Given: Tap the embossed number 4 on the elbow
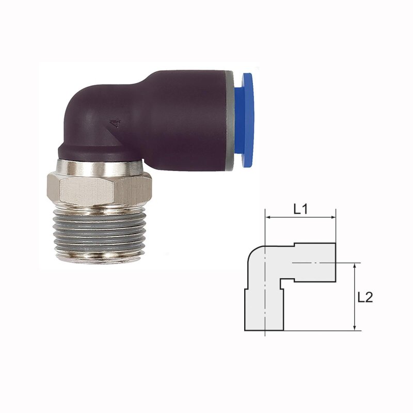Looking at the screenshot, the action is coord(115,123).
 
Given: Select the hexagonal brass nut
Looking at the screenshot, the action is coord(99,188).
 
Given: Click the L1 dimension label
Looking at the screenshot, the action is coord(300,210).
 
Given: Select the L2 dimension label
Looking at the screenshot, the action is coord(365,297).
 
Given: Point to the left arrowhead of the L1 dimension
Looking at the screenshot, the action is coord(268,217).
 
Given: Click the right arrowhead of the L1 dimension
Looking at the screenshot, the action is coord(333,217).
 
